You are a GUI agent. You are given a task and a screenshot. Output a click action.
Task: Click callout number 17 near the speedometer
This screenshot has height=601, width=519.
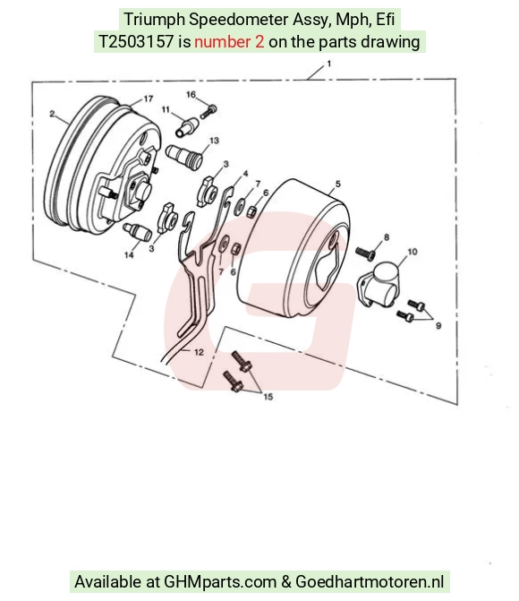149,99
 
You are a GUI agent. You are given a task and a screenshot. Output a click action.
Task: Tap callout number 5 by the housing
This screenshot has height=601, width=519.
337,184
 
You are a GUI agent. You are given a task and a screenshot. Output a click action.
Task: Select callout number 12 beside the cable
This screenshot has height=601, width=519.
200,352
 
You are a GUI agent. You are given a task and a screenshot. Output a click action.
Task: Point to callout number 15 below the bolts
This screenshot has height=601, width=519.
268,397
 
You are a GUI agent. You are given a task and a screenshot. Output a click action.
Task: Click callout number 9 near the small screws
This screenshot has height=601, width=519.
438,325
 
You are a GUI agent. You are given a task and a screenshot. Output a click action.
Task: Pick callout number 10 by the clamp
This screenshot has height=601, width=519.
413,252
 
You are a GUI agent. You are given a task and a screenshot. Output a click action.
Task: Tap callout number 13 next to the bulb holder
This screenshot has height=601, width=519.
214,141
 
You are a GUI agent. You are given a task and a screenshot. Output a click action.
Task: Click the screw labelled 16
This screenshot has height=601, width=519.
208,111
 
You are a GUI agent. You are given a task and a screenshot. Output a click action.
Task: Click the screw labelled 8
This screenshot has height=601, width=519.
365,253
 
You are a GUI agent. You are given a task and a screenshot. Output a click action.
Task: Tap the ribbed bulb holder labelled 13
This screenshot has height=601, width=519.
184,155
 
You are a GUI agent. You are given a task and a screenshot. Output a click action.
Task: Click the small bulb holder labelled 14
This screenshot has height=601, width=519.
137,232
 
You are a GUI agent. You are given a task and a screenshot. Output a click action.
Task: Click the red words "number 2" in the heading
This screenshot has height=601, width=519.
229,42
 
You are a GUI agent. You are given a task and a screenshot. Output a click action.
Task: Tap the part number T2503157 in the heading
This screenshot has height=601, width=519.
136,42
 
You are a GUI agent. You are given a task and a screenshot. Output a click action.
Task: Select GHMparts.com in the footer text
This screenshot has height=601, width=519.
220,582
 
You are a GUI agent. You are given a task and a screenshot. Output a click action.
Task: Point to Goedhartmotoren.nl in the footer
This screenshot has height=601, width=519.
370,582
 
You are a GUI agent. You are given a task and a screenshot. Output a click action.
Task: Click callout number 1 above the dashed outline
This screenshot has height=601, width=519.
328,64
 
